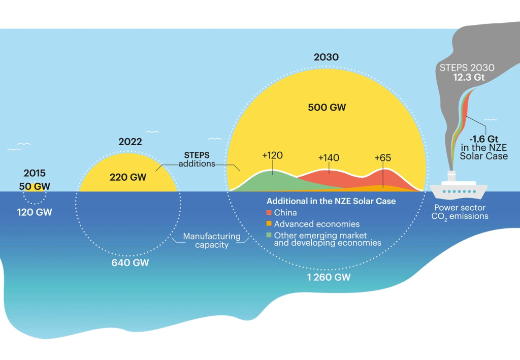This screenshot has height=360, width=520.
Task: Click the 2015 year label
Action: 35,174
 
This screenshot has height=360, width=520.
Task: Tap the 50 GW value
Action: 35,186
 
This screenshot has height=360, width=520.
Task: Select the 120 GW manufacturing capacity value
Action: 35,212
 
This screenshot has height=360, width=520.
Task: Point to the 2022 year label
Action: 130,142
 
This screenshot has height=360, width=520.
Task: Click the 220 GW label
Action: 127,177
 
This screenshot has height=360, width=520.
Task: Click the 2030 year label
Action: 326,57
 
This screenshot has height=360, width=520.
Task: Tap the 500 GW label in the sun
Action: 326,107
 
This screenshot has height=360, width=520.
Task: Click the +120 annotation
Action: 272,155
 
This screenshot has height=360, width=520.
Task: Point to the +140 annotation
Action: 328,158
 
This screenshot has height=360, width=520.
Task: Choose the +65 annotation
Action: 382,158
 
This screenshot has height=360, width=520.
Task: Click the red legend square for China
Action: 269,213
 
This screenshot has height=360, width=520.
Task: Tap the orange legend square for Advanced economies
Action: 269,224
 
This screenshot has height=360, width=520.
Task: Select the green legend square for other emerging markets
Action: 269,236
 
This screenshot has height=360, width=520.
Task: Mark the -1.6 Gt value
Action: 483,138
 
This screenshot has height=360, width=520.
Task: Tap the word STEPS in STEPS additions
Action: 197,155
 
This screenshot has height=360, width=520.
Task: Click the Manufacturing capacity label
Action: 212,240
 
